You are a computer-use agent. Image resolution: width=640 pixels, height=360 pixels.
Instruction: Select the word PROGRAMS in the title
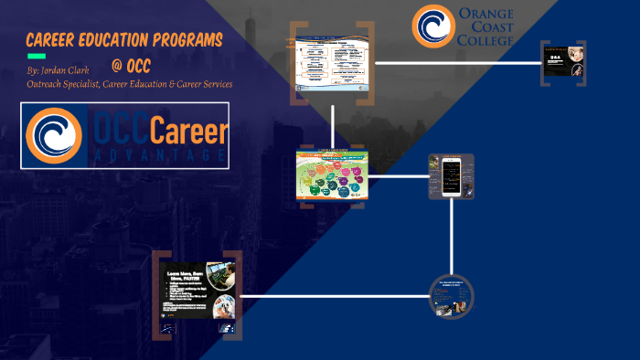(187, 40)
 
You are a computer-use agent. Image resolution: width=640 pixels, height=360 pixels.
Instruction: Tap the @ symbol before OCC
(117, 66)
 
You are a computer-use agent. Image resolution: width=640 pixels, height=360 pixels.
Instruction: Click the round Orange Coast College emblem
(432, 26)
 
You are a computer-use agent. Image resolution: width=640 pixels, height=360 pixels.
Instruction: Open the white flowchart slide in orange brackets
(333, 63)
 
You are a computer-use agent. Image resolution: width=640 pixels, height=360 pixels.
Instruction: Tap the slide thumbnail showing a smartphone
(452, 175)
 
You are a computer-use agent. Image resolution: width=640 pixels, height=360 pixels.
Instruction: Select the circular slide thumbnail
(452, 295)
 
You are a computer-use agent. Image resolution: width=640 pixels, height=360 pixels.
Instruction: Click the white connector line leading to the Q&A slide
(457, 63)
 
